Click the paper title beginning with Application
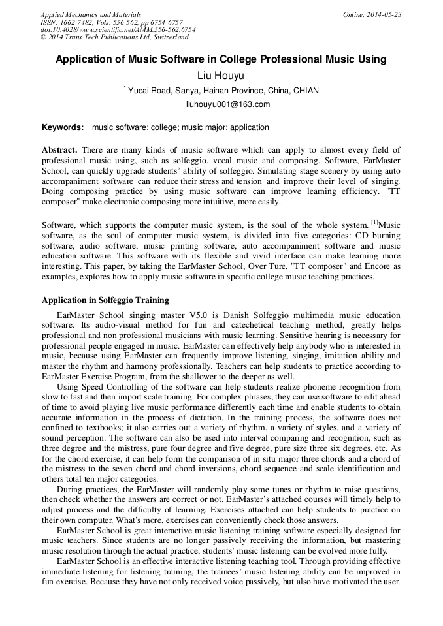[x=221, y=59]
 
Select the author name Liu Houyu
[x=221, y=76]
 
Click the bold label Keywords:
[x=63, y=127]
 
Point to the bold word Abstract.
[x=59, y=150]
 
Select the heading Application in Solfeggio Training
[x=105, y=300]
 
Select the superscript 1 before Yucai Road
[x=124, y=88]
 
